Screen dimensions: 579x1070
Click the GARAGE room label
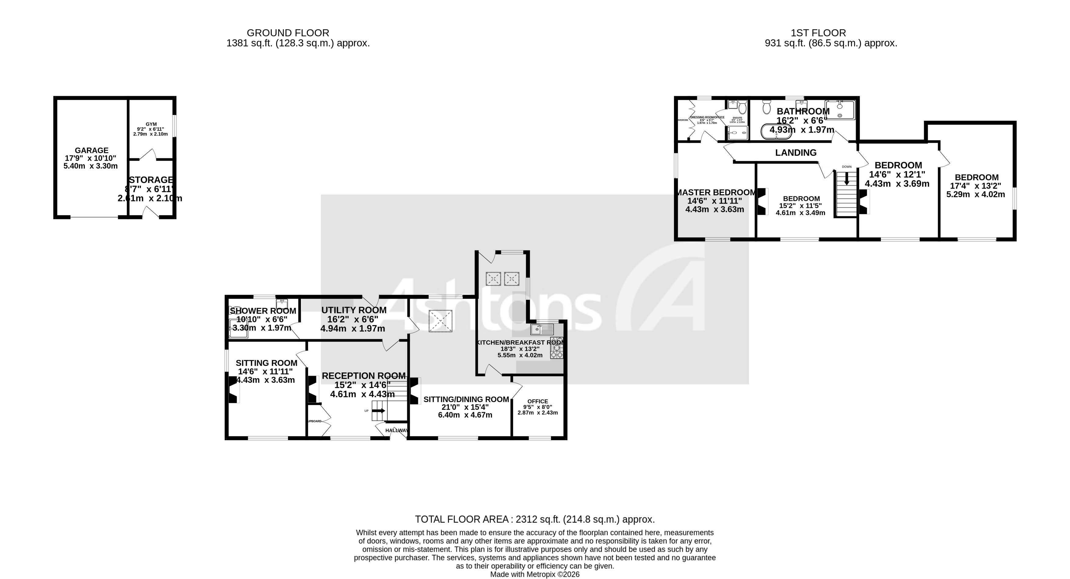[92, 150]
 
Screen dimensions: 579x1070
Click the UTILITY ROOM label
[354, 310]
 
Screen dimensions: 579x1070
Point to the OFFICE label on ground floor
[538, 401]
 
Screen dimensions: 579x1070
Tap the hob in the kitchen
[557, 348]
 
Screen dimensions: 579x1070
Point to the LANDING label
[796, 153]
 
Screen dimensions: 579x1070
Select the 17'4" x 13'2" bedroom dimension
[976, 186]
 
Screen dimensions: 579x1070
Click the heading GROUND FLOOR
[288, 33]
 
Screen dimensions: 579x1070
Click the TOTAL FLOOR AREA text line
[535, 519]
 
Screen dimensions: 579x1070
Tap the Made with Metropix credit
[535, 574]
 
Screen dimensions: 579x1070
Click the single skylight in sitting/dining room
[440, 321]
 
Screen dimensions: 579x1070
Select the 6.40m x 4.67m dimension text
[465, 415]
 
